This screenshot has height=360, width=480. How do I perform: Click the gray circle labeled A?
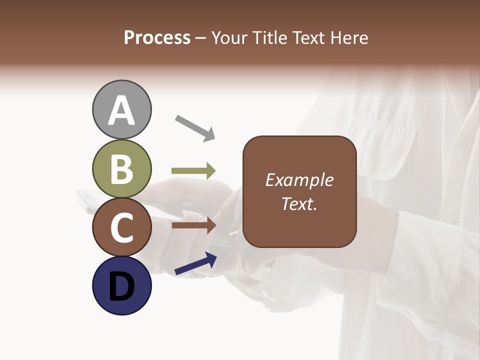[121, 109]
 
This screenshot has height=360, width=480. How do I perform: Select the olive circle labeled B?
[121, 168]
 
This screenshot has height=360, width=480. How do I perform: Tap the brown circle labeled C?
[121, 227]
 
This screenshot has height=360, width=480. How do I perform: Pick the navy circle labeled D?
[121, 286]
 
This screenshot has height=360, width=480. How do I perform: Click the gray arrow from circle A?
[195, 127]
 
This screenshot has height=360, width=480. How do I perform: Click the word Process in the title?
[157, 38]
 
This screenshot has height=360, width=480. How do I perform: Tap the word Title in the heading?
[268, 38]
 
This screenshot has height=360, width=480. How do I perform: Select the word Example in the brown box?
[299, 180]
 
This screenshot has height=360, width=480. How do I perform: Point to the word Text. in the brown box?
[299, 203]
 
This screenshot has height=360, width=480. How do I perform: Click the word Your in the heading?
[230, 38]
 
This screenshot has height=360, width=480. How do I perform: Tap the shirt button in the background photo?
[466, 143]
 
